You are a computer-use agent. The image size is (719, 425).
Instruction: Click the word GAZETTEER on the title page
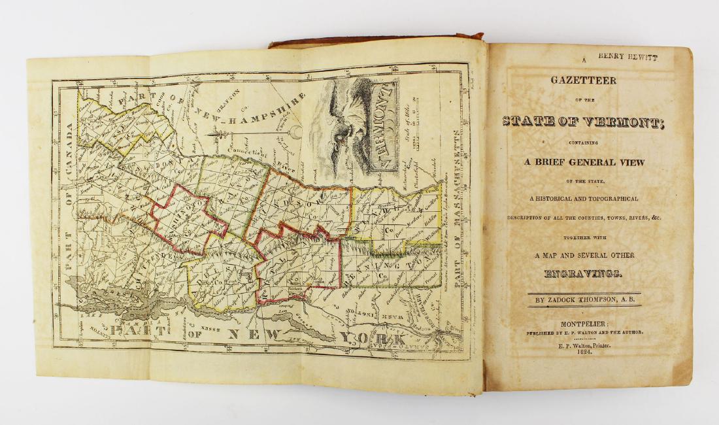[x=584, y=80]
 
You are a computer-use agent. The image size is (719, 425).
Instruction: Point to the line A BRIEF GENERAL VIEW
[x=583, y=162]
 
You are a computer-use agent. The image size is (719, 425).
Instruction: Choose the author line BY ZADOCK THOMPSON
[x=584, y=300]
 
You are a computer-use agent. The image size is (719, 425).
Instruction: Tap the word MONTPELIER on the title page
[x=584, y=324]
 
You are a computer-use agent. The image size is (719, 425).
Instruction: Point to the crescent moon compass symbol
[x=297, y=135]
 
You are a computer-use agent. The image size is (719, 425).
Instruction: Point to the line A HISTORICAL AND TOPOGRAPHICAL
[x=583, y=199]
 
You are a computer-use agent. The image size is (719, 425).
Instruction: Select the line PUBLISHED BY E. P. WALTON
[x=584, y=333]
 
